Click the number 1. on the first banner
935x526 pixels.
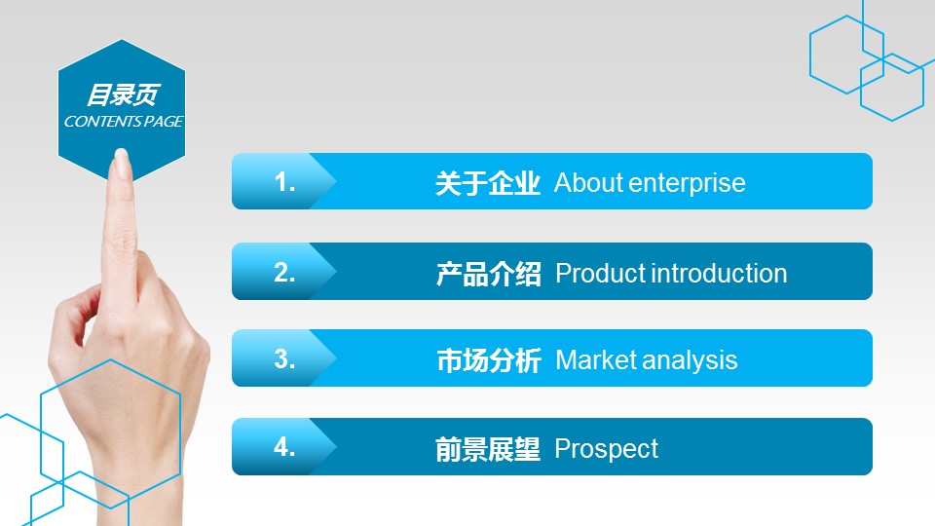(284, 182)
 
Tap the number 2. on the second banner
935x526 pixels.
(284, 272)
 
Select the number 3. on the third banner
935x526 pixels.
(284, 359)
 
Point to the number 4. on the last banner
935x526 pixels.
(284, 447)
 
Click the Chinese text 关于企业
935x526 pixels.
(488, 183)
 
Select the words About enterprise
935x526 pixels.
(650, 183)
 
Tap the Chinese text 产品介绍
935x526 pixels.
(488, 274)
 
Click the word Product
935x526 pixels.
(601, 274)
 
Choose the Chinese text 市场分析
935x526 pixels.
(489, 360)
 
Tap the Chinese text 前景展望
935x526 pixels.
(488, 450)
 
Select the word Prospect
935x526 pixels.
(607, 450)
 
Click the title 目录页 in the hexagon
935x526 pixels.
(124, 94)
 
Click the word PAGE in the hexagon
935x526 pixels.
(164, 122)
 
